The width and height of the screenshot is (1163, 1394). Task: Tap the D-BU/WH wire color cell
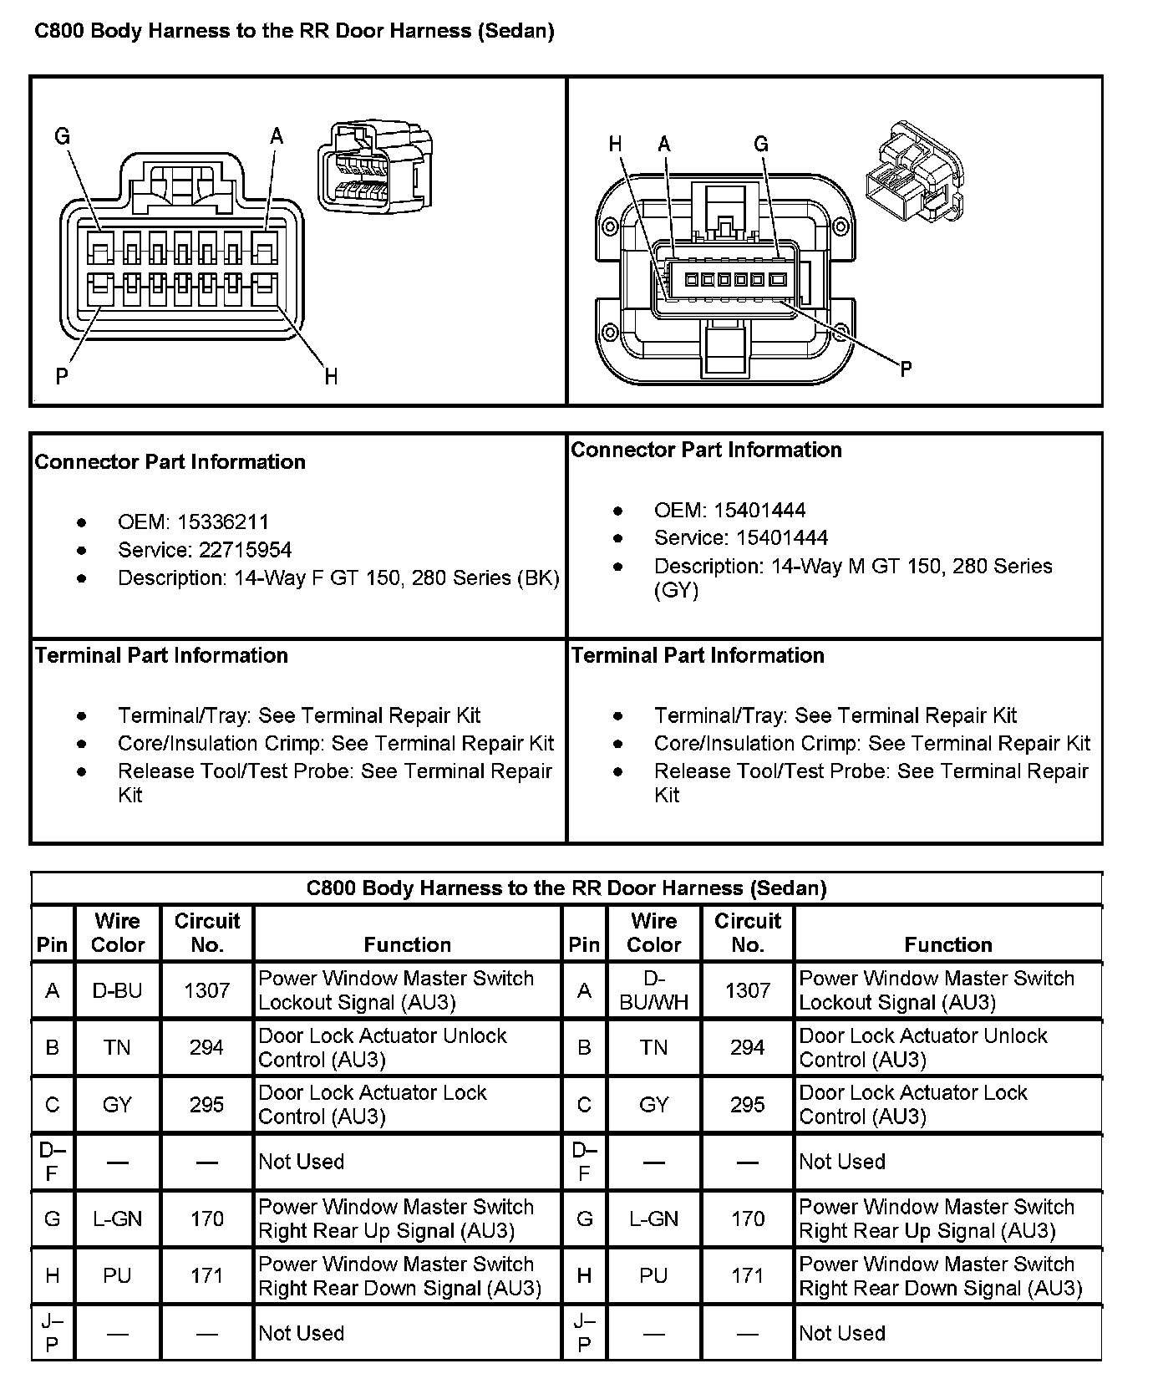click(x=653, y=990)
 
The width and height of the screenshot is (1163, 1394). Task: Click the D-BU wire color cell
click(x=117, y=990)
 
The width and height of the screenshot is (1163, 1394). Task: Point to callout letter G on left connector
click(x=63, y=135)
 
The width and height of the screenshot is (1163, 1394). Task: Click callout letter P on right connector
click(x=906, y=369)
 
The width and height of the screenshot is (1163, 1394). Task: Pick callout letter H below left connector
click(x=331, y=377)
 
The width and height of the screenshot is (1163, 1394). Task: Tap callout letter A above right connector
click(x=664, y=145)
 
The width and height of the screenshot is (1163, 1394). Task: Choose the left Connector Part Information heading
click(x=170, y=462)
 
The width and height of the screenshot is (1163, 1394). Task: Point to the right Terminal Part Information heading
click(x=698, y=655)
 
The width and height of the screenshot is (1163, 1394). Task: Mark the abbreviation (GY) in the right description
click(x=676, y=591)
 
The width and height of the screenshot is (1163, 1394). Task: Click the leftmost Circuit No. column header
click(x=206, y=933)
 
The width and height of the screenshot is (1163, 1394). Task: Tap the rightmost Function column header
click(x=948, y=944)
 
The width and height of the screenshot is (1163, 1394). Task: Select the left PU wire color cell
click(x=117, y=1276)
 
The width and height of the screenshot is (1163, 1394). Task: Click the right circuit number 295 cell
click(x=747, y=1105)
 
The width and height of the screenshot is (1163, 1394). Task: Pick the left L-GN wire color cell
click(x=117, y=1219)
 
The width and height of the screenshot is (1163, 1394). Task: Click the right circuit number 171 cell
click(x=747, y=1276)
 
